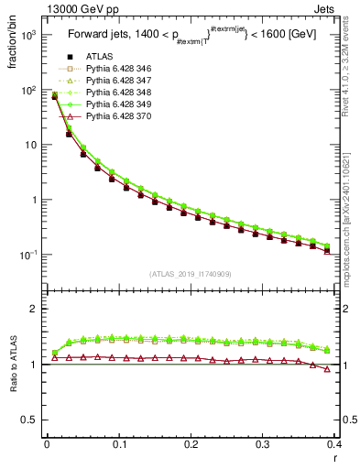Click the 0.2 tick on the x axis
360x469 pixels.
click(x=191, y=444)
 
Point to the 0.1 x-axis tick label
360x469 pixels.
click(x=119, y=444)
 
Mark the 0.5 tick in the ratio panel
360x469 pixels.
click(x=33, y=420)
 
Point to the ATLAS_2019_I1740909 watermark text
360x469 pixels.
click(x=191, y=274)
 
